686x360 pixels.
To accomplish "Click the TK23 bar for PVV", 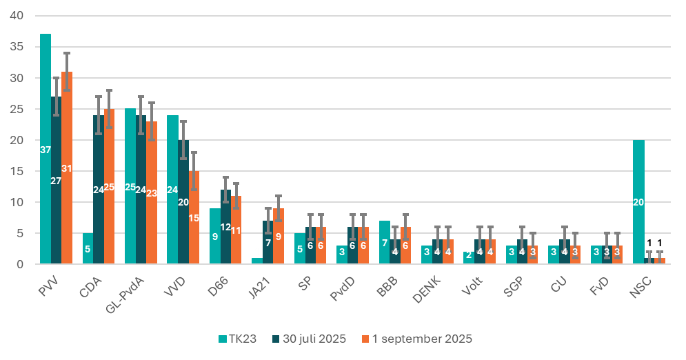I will pos(46,148).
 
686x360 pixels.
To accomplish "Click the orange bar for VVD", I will pos(194,217).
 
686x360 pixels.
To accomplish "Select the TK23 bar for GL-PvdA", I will pos(130,186).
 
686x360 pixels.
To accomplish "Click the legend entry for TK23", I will pos(237,339).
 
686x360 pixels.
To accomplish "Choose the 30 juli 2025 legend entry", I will pos(310,339).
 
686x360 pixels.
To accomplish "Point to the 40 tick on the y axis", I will pos(15,16).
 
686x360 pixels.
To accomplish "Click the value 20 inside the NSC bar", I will pos(638,202).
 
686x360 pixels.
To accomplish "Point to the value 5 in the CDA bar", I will pos(88,249).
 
